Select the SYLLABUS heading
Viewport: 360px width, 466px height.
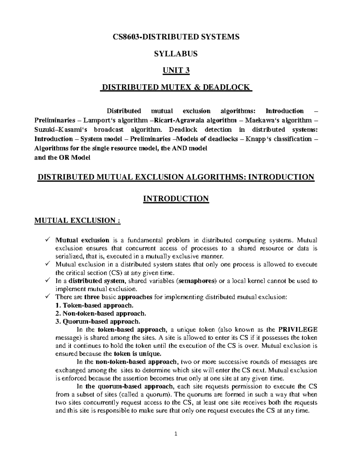pyautogui.click(x=176, y=54)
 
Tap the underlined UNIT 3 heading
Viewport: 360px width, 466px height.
pyautogui.click(x=176, y=71)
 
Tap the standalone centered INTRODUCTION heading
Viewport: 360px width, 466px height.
pyautogui.click(x=176, y=199)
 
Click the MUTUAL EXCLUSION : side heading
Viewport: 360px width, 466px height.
pyautogui.click(x=77, y=221)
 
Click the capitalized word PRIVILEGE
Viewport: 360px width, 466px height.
pyautogui.click(x=298, y=329)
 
